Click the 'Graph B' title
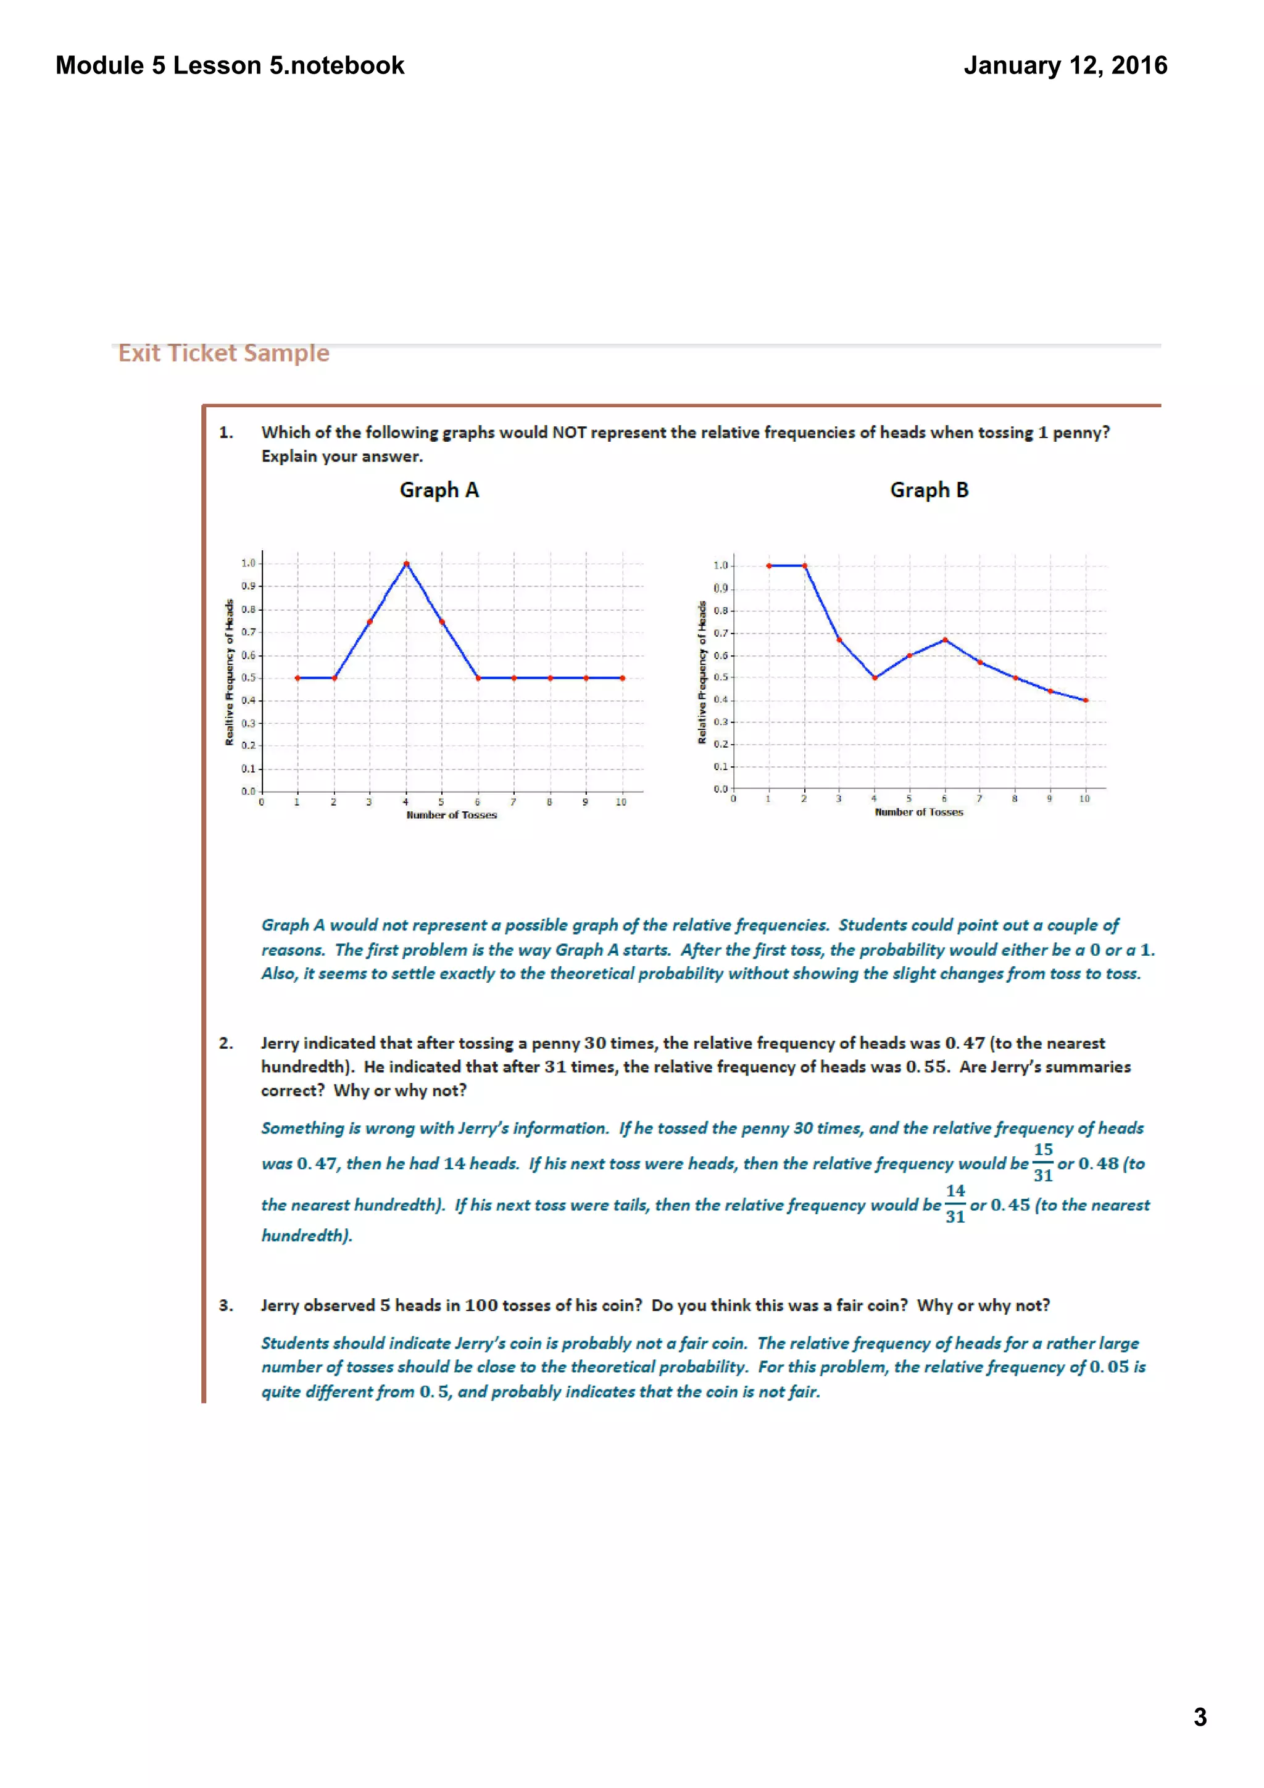(x=929, y=490)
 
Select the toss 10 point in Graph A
(x=622, y=678)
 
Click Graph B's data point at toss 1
(x=768, y=566)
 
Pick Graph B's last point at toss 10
(x=1086, y=700)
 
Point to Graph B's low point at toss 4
(x=875, y=677)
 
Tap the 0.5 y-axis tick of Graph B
(x=720, y=677)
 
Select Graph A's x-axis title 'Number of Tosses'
(x=451, y=816)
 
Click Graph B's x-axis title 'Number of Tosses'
(x=919, y=812)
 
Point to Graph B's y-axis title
(x=702, y=671)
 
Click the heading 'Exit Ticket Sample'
(x=223, y=354)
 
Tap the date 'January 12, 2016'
(x=1065, y=65)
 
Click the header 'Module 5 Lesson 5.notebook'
(x=230, y=65)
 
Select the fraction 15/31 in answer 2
(x=1043, y=1162)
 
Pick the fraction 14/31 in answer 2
(x=955, y=1204)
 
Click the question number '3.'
(x=226, y=1305)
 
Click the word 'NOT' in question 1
(x=569, y=433)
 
